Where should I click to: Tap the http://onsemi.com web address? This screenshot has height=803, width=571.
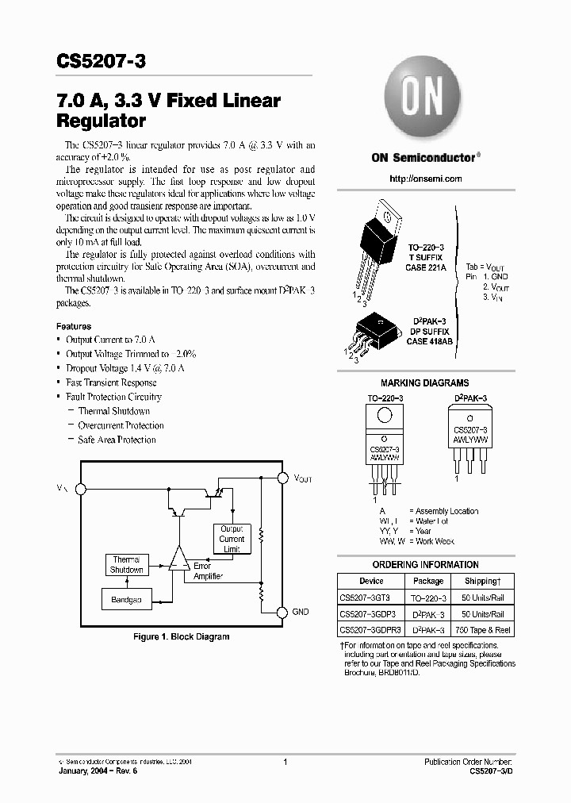coord(426,179)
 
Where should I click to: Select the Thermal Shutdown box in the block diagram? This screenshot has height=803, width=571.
coord(126,564)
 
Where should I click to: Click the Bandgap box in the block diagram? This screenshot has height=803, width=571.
coord(126,600)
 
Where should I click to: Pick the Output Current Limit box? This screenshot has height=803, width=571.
coord(232,539)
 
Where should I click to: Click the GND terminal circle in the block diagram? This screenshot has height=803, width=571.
coord(282,612)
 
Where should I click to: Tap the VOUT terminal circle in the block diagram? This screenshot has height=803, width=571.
coord(282,478)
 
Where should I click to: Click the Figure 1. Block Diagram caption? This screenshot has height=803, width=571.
coord(181,636)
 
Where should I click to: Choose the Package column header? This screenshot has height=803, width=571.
coord(428,581)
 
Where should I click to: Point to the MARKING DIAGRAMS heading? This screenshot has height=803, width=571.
coord(424,382)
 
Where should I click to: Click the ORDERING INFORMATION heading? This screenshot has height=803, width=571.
coord(425,565)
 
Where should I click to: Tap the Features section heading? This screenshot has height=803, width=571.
coord(74,326)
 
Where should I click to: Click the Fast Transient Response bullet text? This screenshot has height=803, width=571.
coord(111,382)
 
